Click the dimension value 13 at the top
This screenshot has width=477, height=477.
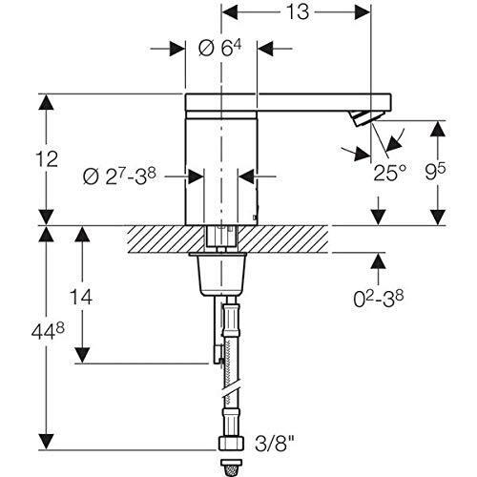[298, 12]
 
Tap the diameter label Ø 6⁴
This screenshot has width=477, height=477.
[219, 49]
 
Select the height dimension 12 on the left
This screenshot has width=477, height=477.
[47, 159]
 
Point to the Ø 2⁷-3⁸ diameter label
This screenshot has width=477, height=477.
[119, 176]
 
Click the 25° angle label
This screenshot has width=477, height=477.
[390, 173]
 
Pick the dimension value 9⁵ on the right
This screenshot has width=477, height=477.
[436, 172]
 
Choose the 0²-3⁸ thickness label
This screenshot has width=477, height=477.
[379, 299]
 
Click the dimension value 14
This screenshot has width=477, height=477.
[81, 297]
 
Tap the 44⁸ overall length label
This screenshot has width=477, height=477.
[48, 331]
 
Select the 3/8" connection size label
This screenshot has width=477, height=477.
[275, 444]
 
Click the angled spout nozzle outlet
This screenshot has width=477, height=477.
[365, 118]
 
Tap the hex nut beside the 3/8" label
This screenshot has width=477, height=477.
[231, 444]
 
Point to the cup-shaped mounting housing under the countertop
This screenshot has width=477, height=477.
[218, 274]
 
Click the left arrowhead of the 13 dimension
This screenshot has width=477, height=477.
[230, 12]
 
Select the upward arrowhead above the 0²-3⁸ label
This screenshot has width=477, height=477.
[379, 261]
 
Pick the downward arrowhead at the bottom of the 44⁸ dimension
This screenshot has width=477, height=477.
[47, 442]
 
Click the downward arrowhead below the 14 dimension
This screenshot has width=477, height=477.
[82, 355]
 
